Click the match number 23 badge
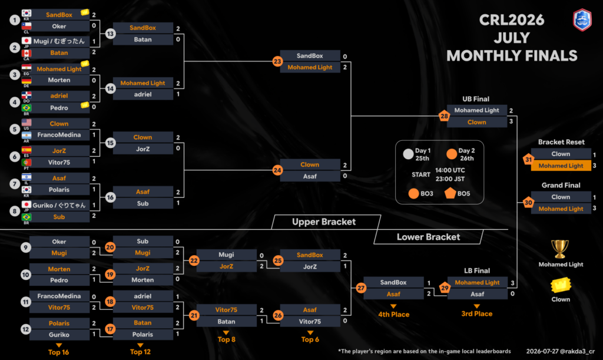pyautogui.click(x=277, y=61)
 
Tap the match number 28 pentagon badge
pyautogui.click(x=444, y=115)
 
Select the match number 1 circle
pyautogui.click(x=15, y=20)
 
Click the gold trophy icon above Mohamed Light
pyautogui.click(x=560, y=249)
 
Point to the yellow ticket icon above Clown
pyautogui.click(x=561, y=285)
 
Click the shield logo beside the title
pyautogui.click(x=582, y=19)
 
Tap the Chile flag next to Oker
pyautogui.click(x=26, y=26)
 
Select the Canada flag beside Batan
pyautogui.click(x=26, y=52)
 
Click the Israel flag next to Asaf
pyautogui.click(x=26, y=177)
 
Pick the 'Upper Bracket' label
pyautogui.click(x=324, y=222)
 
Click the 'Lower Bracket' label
pyautogui.click(x=429, y=237)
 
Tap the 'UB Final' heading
pyautogui.click(x=476, y=99)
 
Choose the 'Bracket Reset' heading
pyautogui.click(x=561, y=142)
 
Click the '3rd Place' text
pyautogui.click(x=477, y=314)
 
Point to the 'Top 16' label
pyautogui.click(x=58, y=352)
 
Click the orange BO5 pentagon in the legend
pyautogui.click(x=450, y=193)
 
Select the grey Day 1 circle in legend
pyautogui.click(x=408, y=154)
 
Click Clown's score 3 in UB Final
pyautogui.click(x=511, y=121)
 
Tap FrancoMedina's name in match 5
pyautogui.click(x=59, y=135)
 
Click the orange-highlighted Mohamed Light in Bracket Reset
pyautogui.click(x=561, y=166)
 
